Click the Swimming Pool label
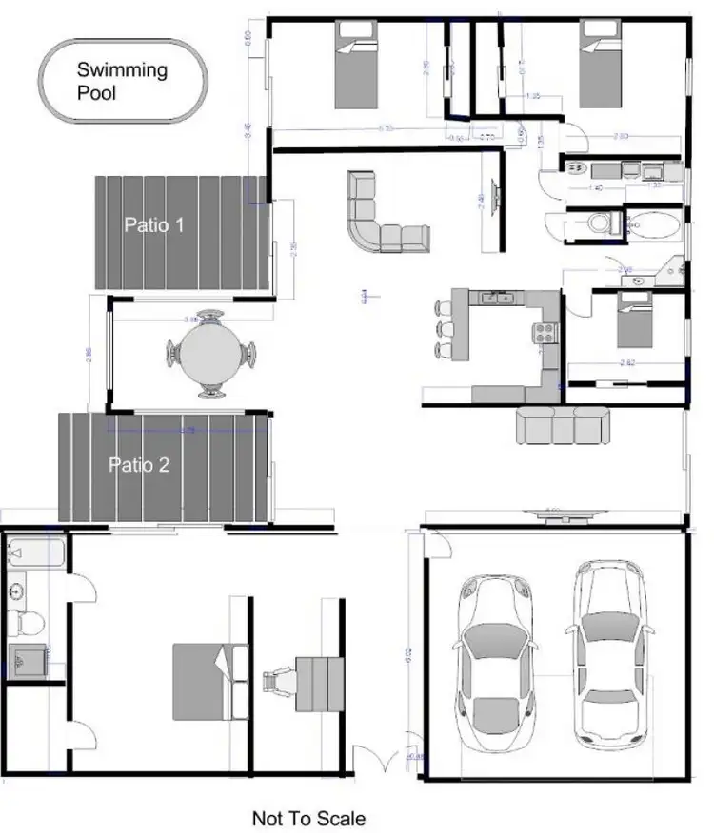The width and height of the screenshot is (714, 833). [122, 81]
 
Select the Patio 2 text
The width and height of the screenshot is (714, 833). [139, 465]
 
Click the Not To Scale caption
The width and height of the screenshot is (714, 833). [308, 817]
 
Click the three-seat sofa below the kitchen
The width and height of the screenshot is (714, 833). [562, 425]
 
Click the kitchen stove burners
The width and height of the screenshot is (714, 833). [545, 332]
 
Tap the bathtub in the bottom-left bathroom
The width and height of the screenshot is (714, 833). [36, 552]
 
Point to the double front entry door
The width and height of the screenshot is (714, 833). [381, 761]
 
